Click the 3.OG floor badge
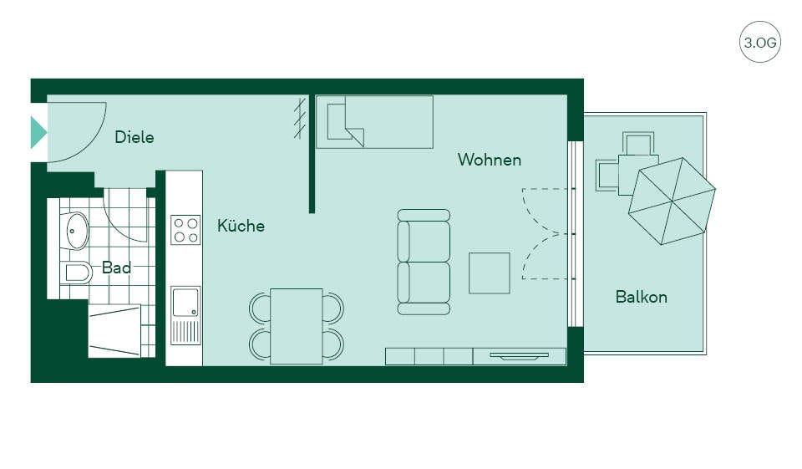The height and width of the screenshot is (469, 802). pos(760,42)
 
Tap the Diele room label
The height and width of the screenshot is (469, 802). pos(135,137)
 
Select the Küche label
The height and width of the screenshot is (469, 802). pos(241,225)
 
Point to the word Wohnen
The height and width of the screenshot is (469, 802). pos(490,160)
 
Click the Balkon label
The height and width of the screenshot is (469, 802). pos(642,297)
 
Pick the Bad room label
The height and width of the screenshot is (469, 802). pos(116,268)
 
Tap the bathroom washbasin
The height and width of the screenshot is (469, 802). pos(77,231)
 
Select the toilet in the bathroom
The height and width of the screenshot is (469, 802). pos(76,273)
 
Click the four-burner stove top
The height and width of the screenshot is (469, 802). pos(185,230)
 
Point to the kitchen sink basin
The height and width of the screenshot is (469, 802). pos(185,303)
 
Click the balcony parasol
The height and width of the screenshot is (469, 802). pos(672,201)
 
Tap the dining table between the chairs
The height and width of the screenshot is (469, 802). pos(296,326)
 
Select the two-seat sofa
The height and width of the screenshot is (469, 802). pos(424,262)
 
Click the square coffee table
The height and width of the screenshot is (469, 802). pos(490,273)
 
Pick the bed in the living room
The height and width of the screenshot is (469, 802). pos(374,122)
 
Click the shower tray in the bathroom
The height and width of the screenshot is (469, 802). pos(114,331)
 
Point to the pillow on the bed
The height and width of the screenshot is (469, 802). pos(338,121)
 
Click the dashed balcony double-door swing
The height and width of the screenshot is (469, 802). pos(546,234)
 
